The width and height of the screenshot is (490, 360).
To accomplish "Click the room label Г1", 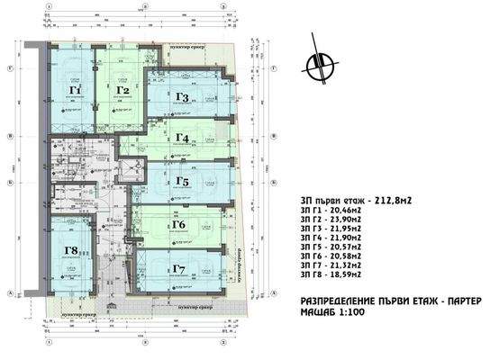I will tap(76, 91).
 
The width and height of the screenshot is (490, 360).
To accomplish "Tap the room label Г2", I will tap(123, 90).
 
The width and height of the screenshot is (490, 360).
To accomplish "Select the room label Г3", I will tap(182, 97).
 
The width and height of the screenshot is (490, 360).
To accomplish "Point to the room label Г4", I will tap(182, 138).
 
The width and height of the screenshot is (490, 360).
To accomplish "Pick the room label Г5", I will tap(182, 182).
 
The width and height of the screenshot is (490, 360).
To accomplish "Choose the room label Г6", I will tap(177, 224).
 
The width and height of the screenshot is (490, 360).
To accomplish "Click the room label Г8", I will tap(72, 252).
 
